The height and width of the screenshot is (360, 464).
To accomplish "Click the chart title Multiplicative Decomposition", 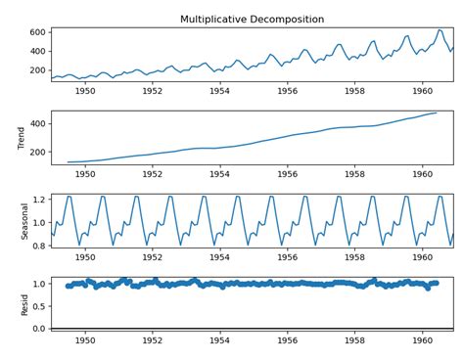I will point(253,20).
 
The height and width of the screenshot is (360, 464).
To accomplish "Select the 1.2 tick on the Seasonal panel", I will point(37,199).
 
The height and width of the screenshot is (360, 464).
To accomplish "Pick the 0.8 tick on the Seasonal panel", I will point(37,246).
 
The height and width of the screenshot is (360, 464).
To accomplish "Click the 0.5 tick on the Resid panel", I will point(37,306).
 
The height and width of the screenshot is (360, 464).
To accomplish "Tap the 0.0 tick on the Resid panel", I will point(37,329).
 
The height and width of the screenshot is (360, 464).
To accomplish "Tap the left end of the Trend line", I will point(68,162).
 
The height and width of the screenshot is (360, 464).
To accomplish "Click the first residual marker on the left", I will point(68,286).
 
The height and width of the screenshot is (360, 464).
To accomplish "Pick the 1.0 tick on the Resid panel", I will point(37,284).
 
